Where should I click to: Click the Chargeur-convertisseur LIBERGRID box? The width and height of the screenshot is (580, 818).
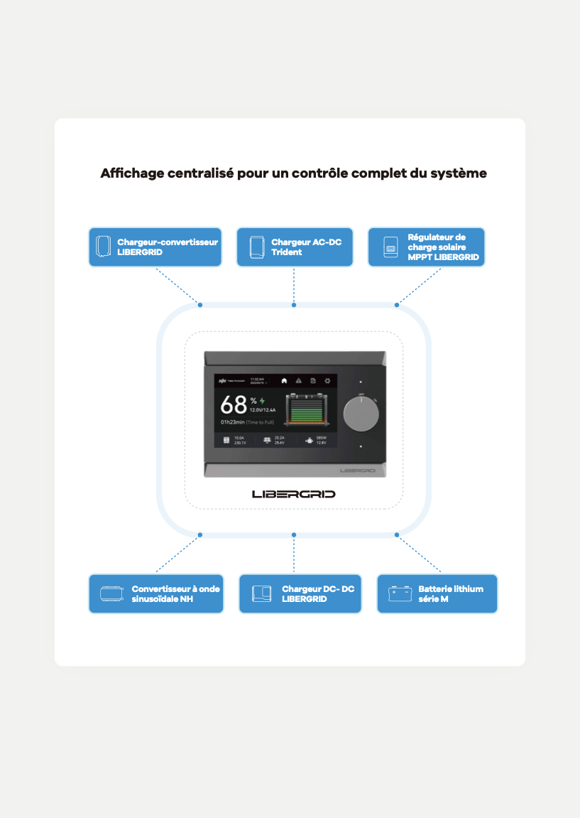pos(155,247)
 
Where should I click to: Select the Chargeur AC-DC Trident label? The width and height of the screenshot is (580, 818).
pos(295,247)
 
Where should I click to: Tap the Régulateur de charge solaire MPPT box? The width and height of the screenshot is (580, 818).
pos(426,247)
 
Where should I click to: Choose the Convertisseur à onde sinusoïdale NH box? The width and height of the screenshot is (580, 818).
pos(156,594)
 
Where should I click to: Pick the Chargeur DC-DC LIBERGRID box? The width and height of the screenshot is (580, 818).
pos(300,594)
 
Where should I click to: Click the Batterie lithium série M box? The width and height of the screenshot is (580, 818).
pos(437,594)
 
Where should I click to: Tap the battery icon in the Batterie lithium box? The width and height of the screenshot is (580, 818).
pos(400,594)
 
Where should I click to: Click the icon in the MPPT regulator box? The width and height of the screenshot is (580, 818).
pos(390,248)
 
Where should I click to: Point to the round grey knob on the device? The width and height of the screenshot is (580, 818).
pos(361,414)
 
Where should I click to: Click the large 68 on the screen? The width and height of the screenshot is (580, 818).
pos(233,405)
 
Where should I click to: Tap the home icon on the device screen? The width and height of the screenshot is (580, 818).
pos(284,381)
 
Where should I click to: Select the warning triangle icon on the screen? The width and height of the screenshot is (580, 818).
pos(298,381)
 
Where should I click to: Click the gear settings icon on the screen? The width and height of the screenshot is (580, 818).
pos(327,381)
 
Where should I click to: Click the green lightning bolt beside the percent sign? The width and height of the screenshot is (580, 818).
pos(262,401)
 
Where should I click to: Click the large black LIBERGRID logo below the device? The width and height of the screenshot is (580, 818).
pos(294,494)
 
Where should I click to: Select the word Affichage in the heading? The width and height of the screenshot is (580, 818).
pos(132,173)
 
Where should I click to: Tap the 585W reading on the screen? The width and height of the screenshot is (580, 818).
pos(321,438)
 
